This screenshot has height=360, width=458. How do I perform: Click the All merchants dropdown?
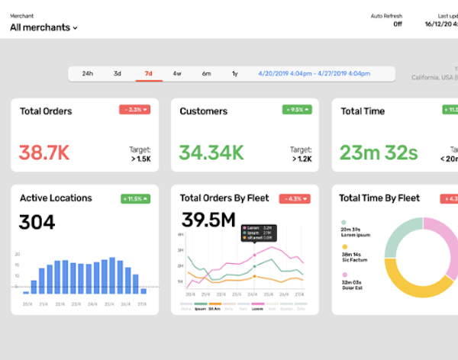(x=44, y=27)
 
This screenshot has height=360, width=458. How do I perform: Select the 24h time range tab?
(x=87, y=74)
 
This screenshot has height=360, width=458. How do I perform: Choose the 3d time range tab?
(x=118, y=74)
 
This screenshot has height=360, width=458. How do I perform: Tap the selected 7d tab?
(x=148, y=74)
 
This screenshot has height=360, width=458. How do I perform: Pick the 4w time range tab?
(x=177, y=74)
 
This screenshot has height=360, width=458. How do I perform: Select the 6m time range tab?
(x=206, y=74)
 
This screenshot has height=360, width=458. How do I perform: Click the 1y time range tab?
(x=235, y=74)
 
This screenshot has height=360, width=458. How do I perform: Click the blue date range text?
(x=321, y=74)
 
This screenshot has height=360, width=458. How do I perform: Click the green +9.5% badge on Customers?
(x=295, y=110)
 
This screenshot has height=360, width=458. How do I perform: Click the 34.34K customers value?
(x=211, y=153)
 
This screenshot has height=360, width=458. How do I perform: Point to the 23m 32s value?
(x=379, y=153)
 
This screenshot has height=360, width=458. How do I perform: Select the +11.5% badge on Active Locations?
(x=135, y=198)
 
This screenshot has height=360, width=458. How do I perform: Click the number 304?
(x=37, y=222)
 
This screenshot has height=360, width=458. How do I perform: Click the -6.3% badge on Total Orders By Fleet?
(x=295, y=198)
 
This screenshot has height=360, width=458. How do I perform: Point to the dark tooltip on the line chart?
(x=258, y=233)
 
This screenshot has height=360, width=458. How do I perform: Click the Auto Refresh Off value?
(x=397, y=24)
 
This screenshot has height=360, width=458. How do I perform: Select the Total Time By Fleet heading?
(x=379, y=198)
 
